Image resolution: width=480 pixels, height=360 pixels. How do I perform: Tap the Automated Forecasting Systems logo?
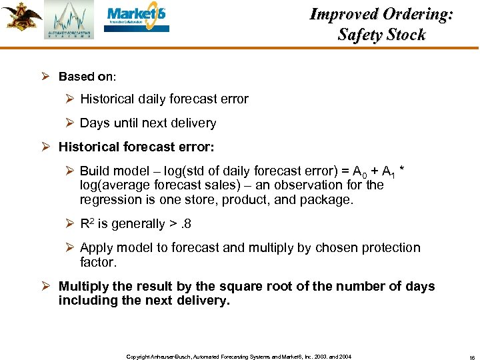69,20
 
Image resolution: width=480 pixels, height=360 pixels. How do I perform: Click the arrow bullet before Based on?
49,77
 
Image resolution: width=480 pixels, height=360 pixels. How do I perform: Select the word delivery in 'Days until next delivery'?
193,123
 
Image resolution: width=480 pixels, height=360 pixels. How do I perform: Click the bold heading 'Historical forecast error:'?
136,147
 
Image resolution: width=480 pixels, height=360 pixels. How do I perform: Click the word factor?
98,262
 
